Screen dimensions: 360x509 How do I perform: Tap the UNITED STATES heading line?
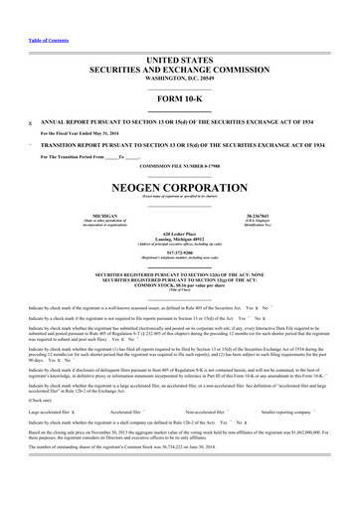coord(180,33)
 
